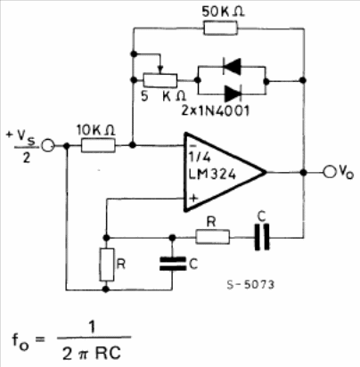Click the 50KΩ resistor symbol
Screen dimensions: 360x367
[x=221, y=29]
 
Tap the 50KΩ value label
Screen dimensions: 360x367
[x=223, y=12]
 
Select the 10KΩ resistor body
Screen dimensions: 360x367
[x=98, y=145]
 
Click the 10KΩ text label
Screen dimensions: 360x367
[x=95, y=130]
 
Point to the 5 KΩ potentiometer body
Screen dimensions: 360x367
[x=160, y=80]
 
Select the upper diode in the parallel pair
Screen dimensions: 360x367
[x=232, y=66]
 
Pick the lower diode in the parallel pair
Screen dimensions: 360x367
[x=233, y=94]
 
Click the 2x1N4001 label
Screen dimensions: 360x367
[x=216, y=110]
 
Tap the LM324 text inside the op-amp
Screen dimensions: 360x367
[x=212, y=174]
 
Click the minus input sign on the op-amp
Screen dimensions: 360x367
[x=192, y=146]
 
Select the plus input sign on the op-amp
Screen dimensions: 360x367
[x=193, y=198]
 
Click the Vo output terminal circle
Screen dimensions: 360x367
[x=329, y=172]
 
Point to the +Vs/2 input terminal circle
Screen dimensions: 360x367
[x=47, y=145]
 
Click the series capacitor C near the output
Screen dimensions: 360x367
[x=262, y=237]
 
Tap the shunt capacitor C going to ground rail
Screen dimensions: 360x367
[x=172, y=264]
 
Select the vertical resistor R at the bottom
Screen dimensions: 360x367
[x=107, y=265]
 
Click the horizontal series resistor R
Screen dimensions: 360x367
[x=212, y=237]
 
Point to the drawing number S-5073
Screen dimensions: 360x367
[x=250, y=285]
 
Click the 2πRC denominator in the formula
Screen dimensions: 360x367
[x=92, y=353]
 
